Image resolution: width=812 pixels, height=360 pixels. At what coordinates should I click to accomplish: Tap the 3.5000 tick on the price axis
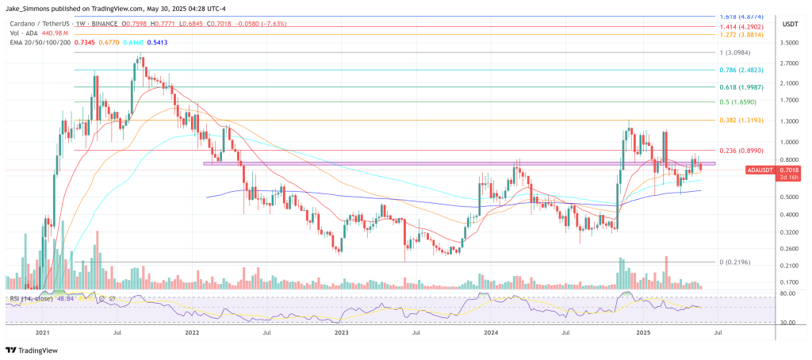[790, 42]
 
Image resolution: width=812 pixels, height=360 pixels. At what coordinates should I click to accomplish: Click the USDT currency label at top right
[790, 25]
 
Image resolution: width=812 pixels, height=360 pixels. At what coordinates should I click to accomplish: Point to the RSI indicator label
[32, 299]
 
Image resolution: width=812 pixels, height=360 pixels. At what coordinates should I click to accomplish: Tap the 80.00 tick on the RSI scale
[788, 294]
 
